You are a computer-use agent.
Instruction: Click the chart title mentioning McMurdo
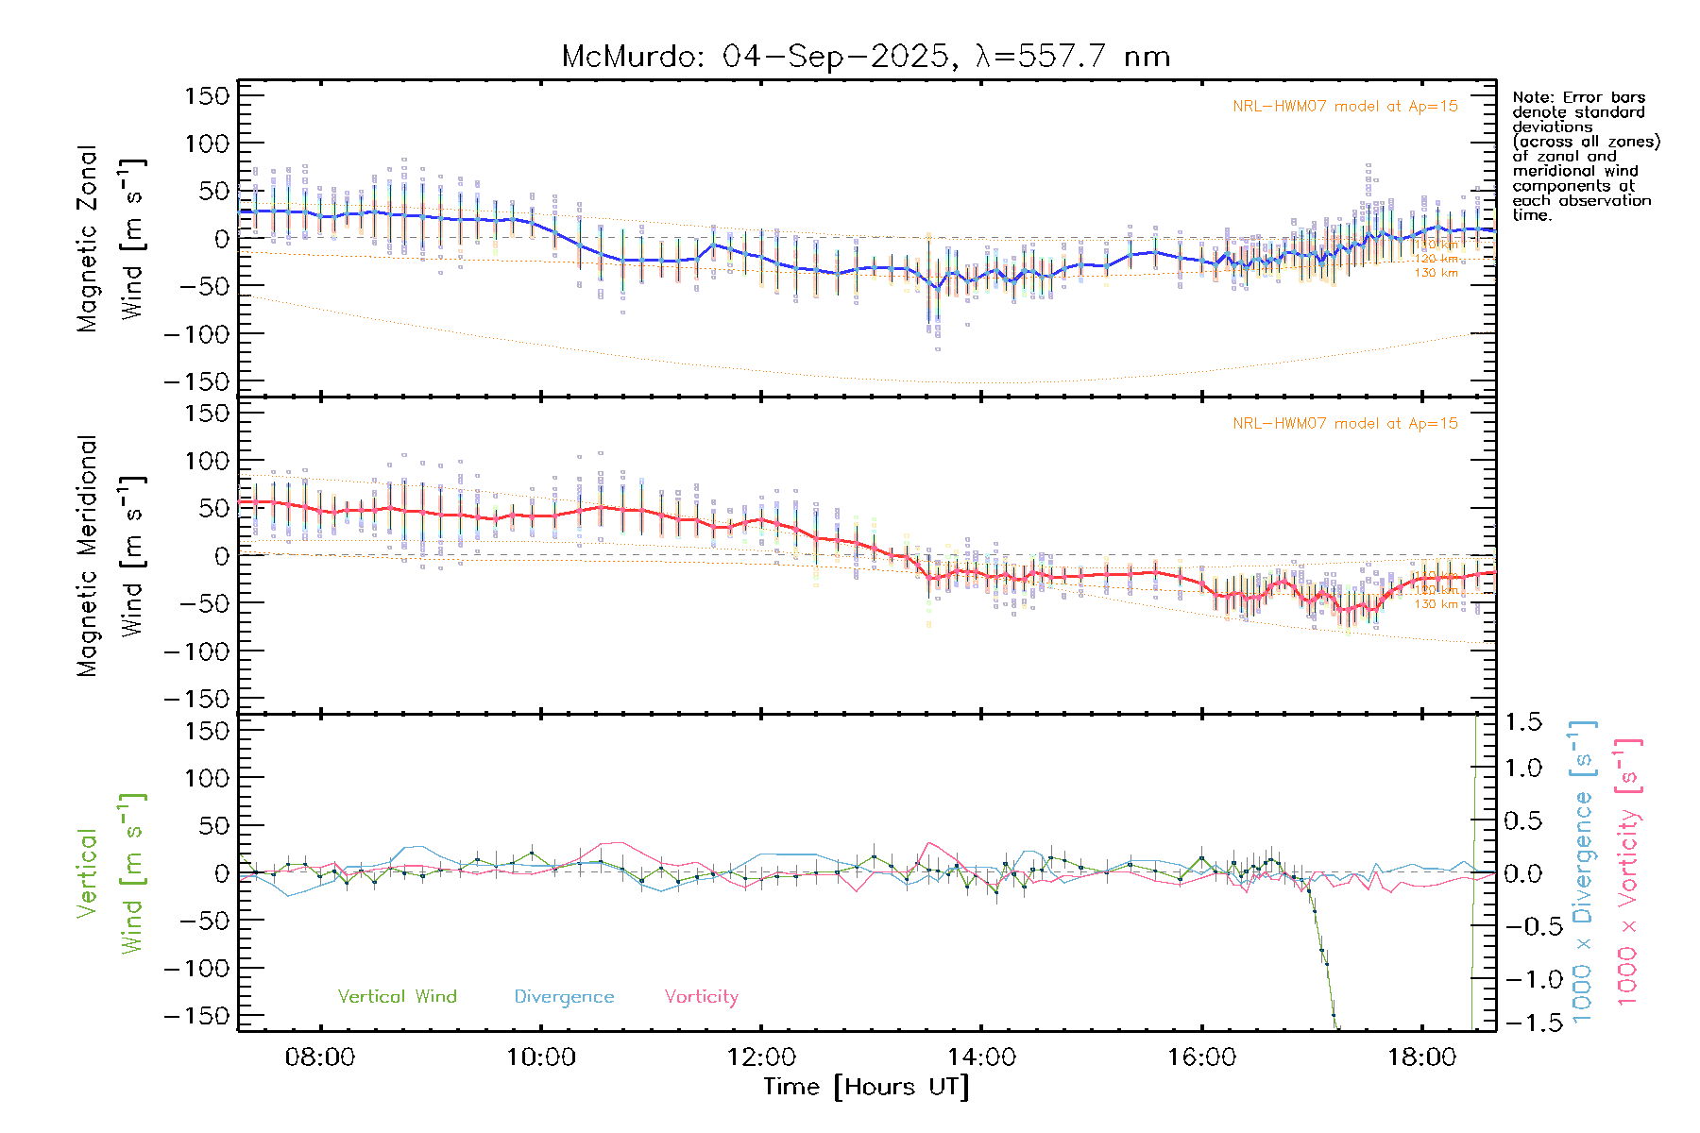click(x=865, y=57)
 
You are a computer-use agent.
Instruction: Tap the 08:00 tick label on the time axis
click(x=320, y=1057)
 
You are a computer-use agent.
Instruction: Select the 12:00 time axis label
click(x=761, y=1057)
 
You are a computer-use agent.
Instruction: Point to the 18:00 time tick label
click(x=1422, y=1057)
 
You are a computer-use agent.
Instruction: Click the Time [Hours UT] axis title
click(x=865, y=1087)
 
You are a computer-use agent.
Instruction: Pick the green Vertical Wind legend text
click(x=397, y=996)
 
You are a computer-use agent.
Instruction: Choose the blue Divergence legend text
click(x=564, y=997)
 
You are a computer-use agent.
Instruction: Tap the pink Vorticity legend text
click(x=701, y=996)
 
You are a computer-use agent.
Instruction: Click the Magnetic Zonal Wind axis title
click(x=110, y=239)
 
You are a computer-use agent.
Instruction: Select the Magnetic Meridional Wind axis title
click(x=110, y=556)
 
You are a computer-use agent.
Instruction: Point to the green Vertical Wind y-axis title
click(x=110, y=873)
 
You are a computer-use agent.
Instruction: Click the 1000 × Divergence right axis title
click(x=1583, y=873)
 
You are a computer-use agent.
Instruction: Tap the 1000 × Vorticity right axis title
click(x=1628, y=873)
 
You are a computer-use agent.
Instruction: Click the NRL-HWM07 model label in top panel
click(x=1345, y=107)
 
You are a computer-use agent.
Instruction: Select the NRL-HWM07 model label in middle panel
click(x=1345, y=424)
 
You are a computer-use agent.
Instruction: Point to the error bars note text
click(x=1585, y=156)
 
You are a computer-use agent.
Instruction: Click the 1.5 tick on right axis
click(x=1523, y=722)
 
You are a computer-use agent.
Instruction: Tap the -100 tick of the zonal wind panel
click(x=196, y=334)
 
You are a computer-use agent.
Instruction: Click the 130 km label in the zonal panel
click(x=1436, y=273)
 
